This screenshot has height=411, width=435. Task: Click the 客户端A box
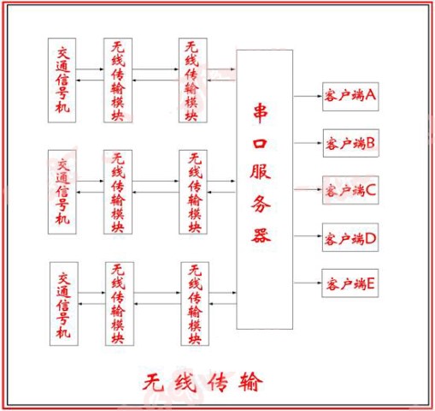(x=350, y=97)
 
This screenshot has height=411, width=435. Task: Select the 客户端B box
(x=351, y=143)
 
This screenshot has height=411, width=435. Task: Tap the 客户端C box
(x=350, y=190)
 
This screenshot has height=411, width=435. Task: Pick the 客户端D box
(x=350, y=237)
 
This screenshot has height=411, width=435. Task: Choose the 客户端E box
(x=350, y=283)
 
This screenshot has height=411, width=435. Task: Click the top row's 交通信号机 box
(x=62, y=80)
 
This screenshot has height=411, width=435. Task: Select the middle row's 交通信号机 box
(x=62, y=192)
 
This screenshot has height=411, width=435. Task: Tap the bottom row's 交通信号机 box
(x=64, y=304)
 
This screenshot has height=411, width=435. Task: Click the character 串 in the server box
(x=261, y=113)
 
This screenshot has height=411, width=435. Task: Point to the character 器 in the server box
(x=261, y=235)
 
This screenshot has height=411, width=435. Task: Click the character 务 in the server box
(x=261, y=204)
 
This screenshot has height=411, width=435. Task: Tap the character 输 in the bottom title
(x=250, y=382)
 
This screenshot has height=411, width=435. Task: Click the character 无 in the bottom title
(x=153, y=382)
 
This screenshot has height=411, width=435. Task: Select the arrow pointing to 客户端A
(x=308, y=97)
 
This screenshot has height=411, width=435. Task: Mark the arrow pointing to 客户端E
(x=308, y=283)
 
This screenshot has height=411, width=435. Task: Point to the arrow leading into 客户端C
(x=308, y=189)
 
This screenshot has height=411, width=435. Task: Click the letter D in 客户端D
(x=370, y=239)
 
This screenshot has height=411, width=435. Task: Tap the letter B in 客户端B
(x=370, y=143)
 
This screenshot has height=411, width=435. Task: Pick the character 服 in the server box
(x=261, y=172)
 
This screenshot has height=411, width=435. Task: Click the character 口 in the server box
(x=260, y=144)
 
